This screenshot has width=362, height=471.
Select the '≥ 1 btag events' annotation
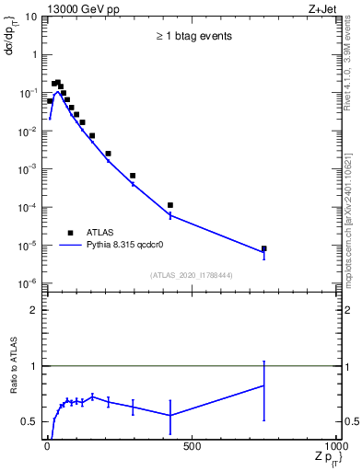point(193,37)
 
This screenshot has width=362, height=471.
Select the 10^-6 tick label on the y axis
point(28,283)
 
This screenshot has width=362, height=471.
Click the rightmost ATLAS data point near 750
point(263,248)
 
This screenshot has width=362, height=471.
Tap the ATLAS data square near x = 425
point(170,205)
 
